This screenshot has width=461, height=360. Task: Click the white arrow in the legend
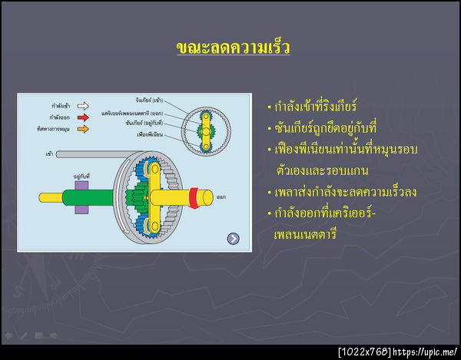pyautogui.click(x=82, y=106)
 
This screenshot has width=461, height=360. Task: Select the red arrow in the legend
pyautogui.click(x=82, y=117)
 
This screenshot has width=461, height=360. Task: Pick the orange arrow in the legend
pyautogui.click(x=82, y=129)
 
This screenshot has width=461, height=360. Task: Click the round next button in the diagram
pyautogui.click(x=234, y=239)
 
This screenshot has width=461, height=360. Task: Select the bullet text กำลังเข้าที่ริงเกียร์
pyautogui.click(x=315, y=106)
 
